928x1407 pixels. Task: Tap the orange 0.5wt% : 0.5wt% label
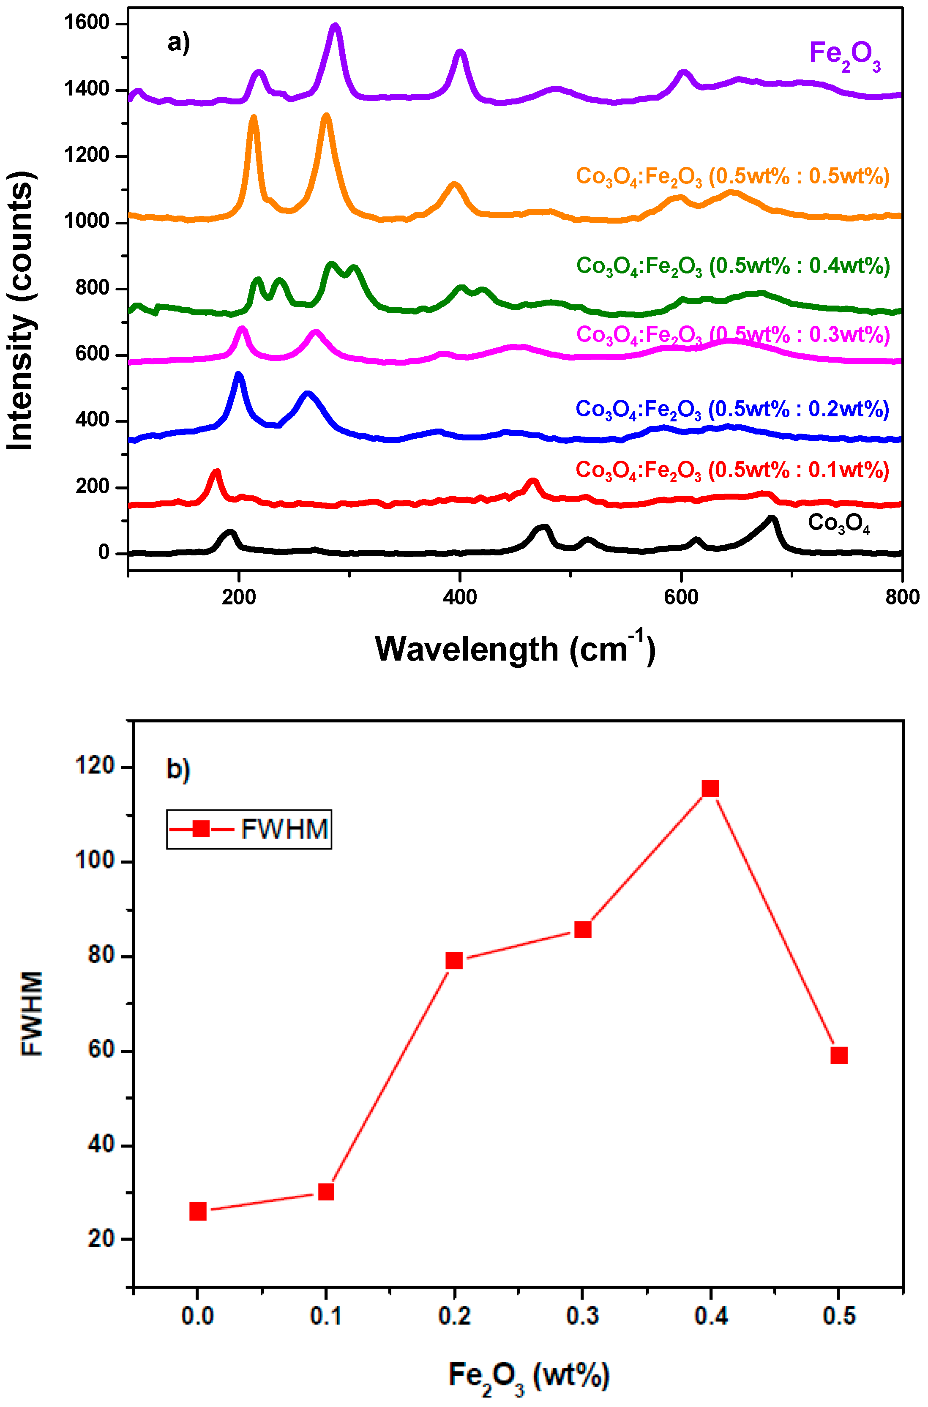733,177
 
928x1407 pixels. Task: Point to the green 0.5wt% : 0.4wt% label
733,266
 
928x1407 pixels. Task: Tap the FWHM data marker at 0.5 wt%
839,1055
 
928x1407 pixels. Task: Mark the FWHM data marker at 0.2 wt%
454,960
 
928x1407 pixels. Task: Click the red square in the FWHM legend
201,829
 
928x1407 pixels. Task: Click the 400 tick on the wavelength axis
460,597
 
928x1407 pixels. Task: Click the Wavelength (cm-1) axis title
515,648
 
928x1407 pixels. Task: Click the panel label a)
178,43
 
